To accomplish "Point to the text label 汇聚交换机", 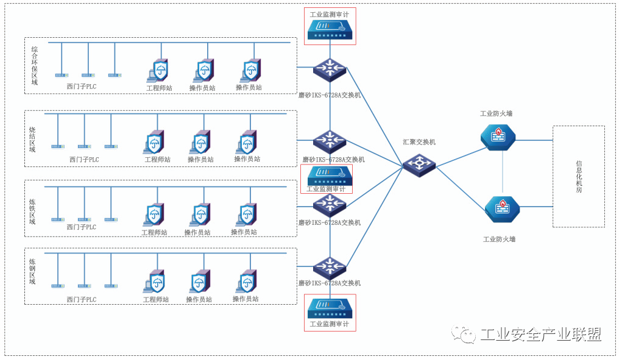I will tap(419, 142).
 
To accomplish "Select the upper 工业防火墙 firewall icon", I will tap(498, 137).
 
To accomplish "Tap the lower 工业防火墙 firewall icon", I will tap(502, 209).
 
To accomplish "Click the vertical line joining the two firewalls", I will tap(503, 173).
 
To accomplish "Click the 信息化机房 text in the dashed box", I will tap(579, 177).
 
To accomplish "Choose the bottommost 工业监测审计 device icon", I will tap(330, 307).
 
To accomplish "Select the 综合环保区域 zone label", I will tap(35, 65).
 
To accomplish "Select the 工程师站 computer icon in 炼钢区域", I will tap(155, 282).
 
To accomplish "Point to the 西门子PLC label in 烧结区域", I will tap(84, 160).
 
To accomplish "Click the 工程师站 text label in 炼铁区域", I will tap(154, 232).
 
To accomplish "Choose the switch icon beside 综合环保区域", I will tap(330, 70).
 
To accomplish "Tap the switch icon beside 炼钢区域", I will tap(330, 268).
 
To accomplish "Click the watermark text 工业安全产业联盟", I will tap(541, 335).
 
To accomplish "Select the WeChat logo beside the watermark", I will tap(464, 335).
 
